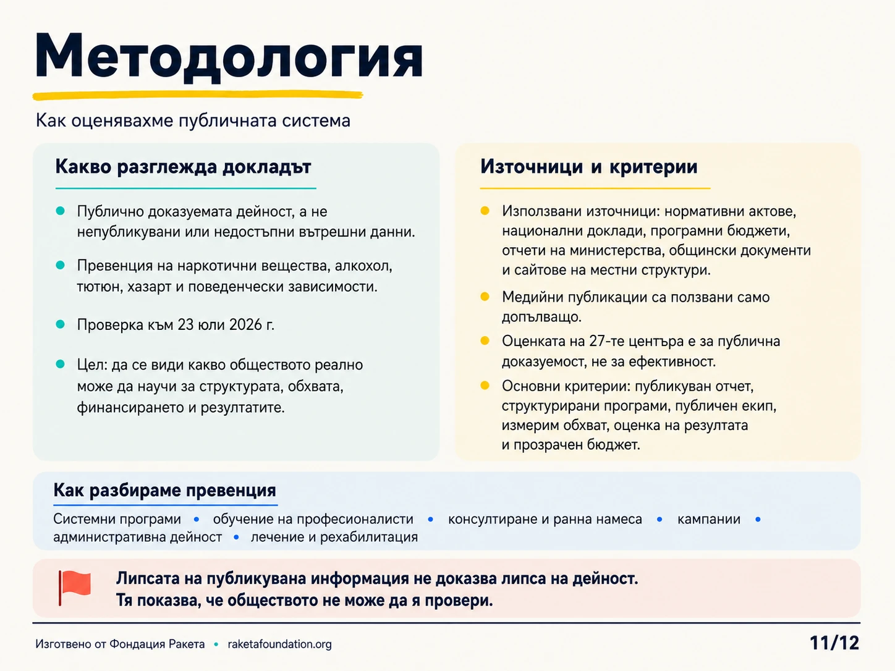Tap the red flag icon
click(75, 588)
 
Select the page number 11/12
click(834, 643)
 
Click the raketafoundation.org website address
click(280, 644)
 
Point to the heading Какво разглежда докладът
click(183, 167)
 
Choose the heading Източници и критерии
click(589, 167)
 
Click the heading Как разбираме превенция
click(165, 490)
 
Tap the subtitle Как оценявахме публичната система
click(193, 120)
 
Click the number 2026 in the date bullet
click(245, 325)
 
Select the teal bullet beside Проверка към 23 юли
click(61, 324)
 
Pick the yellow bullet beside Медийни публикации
click(485, 297)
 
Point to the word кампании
click(709, 519)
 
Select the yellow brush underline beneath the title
click(198, 95)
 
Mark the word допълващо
click(541, 317)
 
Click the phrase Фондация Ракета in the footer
click(157, 644)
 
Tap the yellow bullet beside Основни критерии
click(485, 386)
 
